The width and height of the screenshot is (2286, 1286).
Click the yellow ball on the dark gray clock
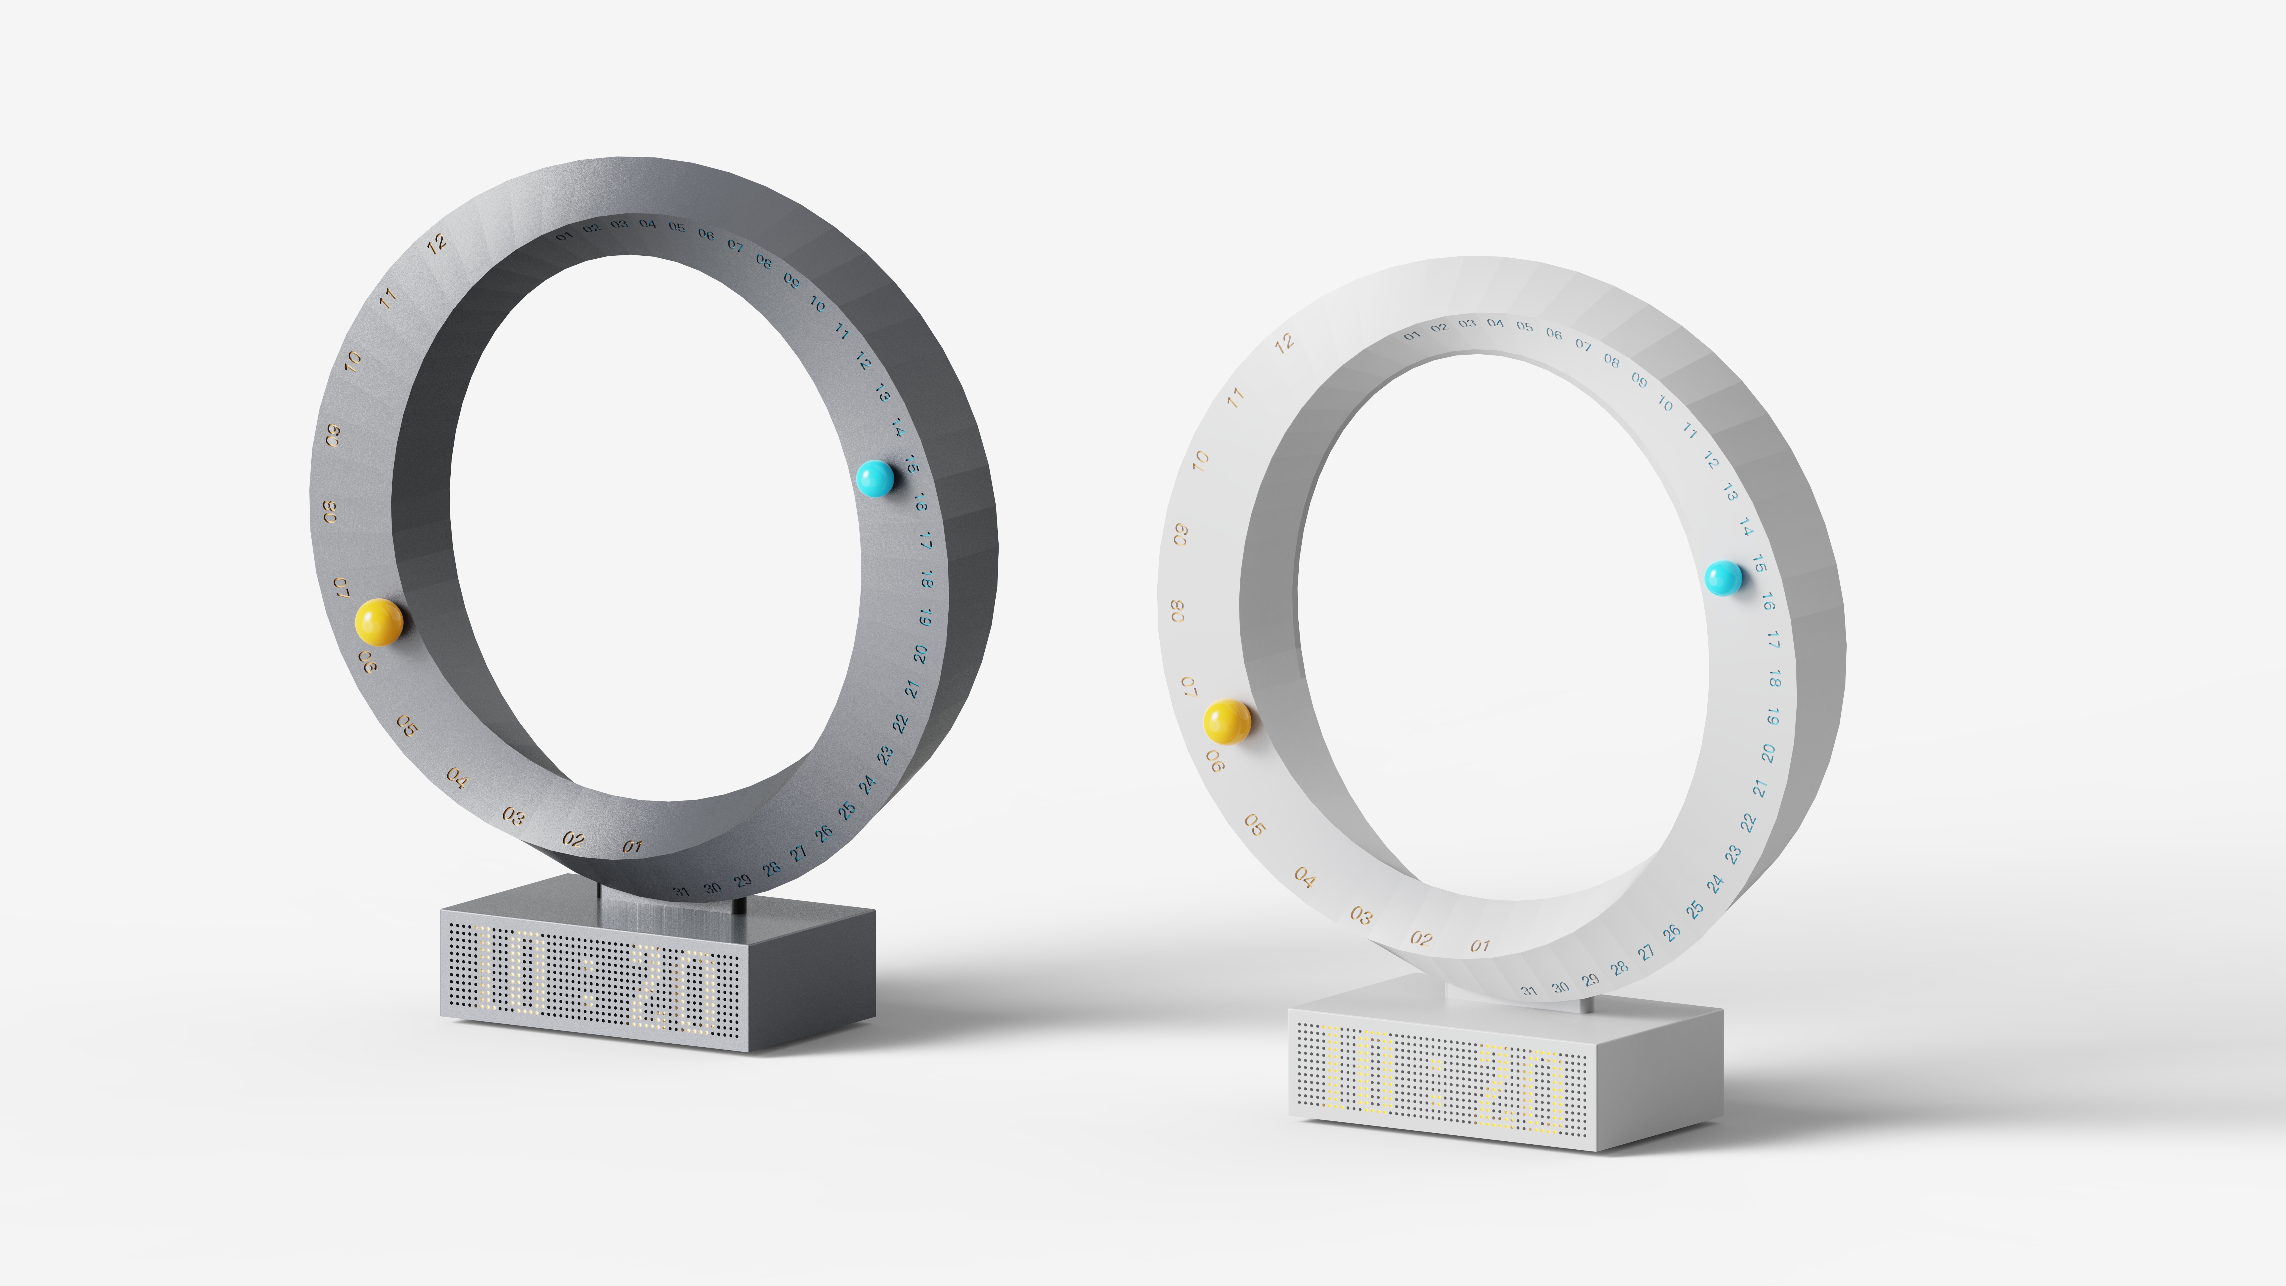(379, 621)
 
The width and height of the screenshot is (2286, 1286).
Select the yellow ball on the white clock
(1227, 722)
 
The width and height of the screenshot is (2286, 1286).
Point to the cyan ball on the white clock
(1723, 578)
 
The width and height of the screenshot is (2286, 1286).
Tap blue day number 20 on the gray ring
(920, 654)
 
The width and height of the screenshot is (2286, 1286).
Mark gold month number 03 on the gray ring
(513, 815)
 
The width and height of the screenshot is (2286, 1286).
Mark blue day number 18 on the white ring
(1775, 679)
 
